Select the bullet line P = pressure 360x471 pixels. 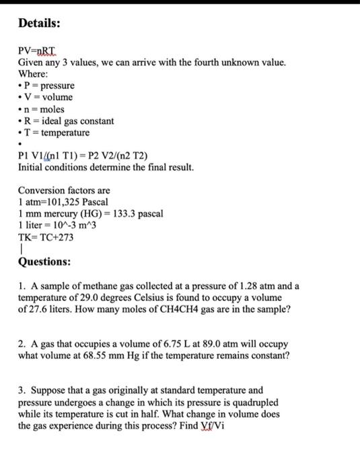point(46,86)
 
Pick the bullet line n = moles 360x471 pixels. point(43,110)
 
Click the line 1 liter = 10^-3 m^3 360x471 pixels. point(59,225)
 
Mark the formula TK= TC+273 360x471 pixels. point(46,238)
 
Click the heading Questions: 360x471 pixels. point(44,262)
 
